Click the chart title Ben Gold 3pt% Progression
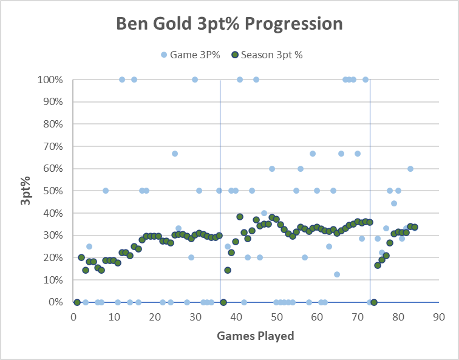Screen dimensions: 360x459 click(229, 24)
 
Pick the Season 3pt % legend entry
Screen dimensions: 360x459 click(267, 55)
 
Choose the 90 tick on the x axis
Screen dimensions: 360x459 click(439, 316)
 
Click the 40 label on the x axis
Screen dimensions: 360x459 click(236, 316)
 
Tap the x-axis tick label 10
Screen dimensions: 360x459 click(114, 316)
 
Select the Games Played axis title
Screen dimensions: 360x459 click(256, 336)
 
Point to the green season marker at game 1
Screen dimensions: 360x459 click(77, 302)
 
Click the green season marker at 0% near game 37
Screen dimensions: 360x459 click(223, 302)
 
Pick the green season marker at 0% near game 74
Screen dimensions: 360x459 click(374, 302)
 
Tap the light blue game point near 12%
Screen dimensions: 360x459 click(337, 274)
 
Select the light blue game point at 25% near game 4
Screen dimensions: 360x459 click(89, 246)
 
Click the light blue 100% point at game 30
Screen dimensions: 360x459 click(195, 80)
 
